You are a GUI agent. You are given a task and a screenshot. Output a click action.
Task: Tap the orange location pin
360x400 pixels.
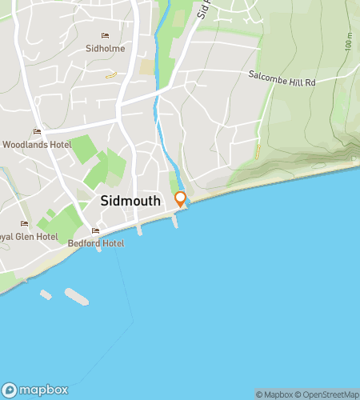point(181,198)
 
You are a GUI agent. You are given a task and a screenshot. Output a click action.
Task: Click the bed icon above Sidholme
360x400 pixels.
point(104,36)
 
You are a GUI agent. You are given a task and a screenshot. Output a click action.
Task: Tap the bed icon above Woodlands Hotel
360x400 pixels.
point(36,132)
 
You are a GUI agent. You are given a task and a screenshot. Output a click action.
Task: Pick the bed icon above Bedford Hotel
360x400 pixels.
point(96,231)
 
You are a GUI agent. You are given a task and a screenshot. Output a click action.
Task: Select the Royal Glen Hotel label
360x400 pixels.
point(29,237)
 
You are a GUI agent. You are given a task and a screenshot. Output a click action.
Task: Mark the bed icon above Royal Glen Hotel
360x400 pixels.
point(24,224)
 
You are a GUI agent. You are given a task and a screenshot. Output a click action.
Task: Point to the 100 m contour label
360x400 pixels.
point(350,42)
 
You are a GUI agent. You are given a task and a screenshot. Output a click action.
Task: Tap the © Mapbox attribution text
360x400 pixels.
point(274,394)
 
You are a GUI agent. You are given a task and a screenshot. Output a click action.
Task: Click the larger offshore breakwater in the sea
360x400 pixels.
point(77,296)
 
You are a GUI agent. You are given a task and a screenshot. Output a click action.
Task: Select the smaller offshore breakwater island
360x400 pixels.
point(46,294)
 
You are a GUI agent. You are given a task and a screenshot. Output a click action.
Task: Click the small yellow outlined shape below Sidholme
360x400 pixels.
point(110,76)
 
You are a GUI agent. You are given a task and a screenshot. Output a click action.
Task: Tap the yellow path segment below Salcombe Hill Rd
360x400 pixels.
point(258,150)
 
